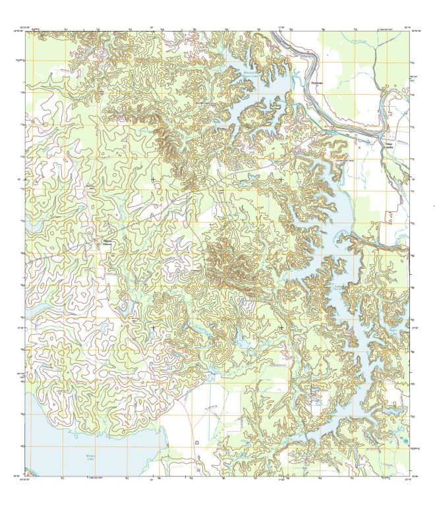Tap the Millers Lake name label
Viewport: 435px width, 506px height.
[x=91, y=457]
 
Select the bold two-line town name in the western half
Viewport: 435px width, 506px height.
[x=107, y=242]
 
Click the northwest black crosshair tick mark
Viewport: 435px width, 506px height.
[x=153, y=179]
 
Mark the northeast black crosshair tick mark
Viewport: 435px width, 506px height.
[x=281, y=179]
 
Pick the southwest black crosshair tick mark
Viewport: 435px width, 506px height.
[x=153, y=327]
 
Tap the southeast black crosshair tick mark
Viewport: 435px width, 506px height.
[x=281, y=327]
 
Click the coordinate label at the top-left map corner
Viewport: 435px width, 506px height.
[x=26, y=28]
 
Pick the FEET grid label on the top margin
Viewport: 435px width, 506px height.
[x=389, y=28]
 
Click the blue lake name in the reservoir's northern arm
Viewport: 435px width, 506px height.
[x=248, y=74]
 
